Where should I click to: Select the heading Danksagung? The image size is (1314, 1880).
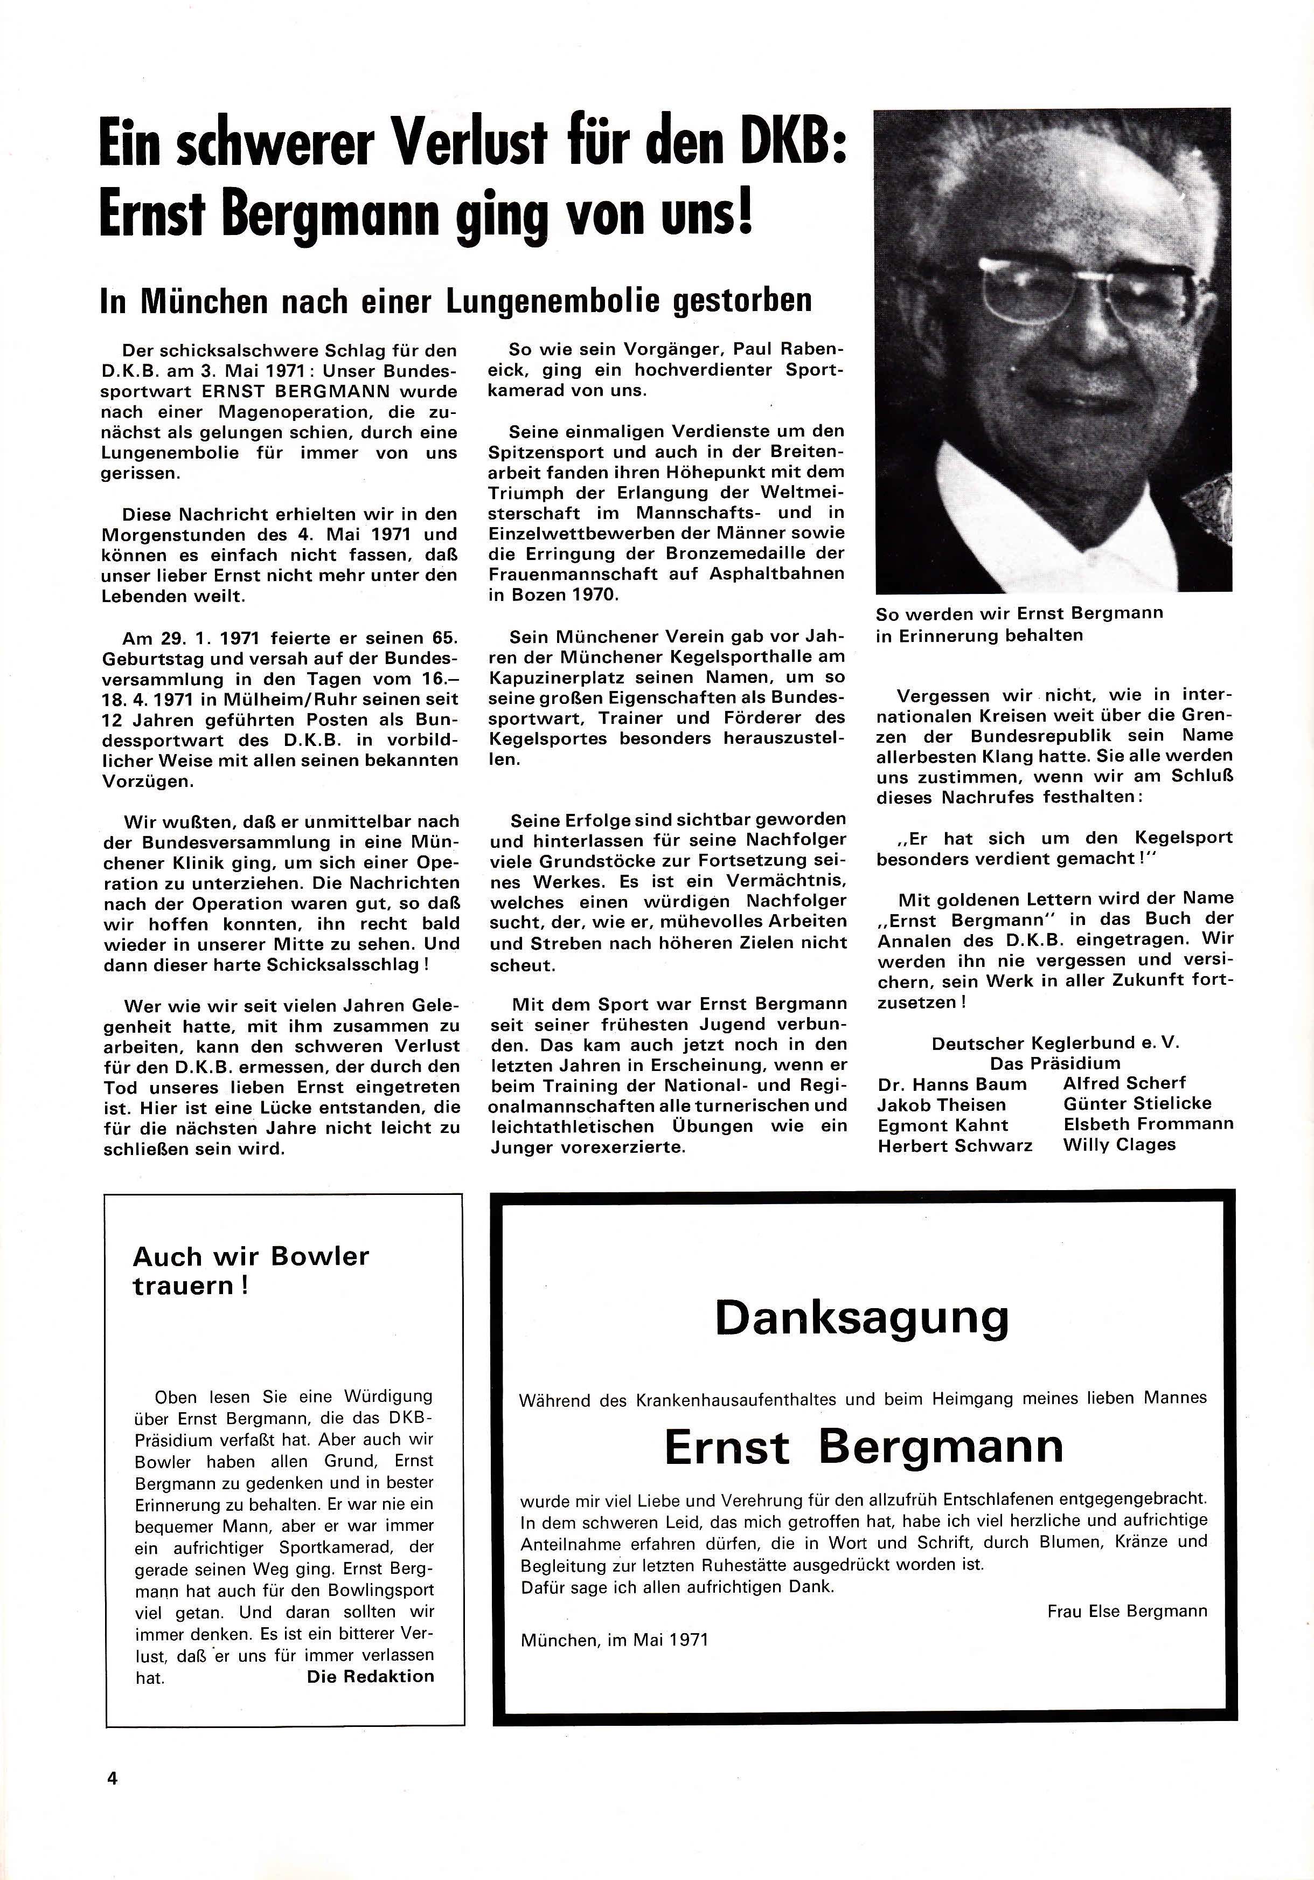[862, 1317]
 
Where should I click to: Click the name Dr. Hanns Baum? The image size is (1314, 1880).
[951, 1084]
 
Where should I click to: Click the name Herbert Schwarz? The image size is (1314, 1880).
[955, 1145]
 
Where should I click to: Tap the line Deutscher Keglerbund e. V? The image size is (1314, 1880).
[1055, 1043]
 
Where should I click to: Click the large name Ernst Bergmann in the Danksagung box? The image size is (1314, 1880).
[863, 1445]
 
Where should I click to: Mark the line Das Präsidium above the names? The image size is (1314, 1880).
[1054, 1063]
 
